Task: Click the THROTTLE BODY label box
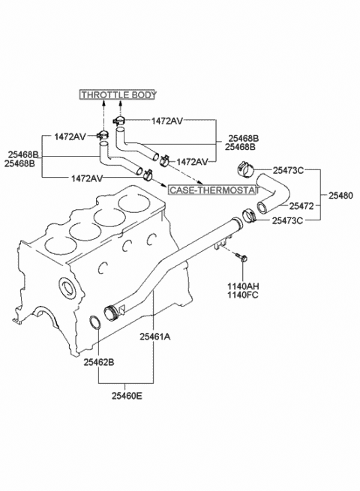118,94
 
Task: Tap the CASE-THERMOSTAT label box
213,190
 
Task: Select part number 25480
340,196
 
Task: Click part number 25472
301,206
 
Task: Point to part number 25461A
155,337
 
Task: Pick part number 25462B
99,362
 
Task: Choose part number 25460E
127,396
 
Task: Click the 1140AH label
243,286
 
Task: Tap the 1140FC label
243,295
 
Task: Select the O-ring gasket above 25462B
95,323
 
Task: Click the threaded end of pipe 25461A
110,313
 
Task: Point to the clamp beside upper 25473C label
245,169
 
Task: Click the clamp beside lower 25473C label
250,216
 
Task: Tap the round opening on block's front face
67,287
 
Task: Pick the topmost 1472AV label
167,121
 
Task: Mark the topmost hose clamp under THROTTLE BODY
119,120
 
